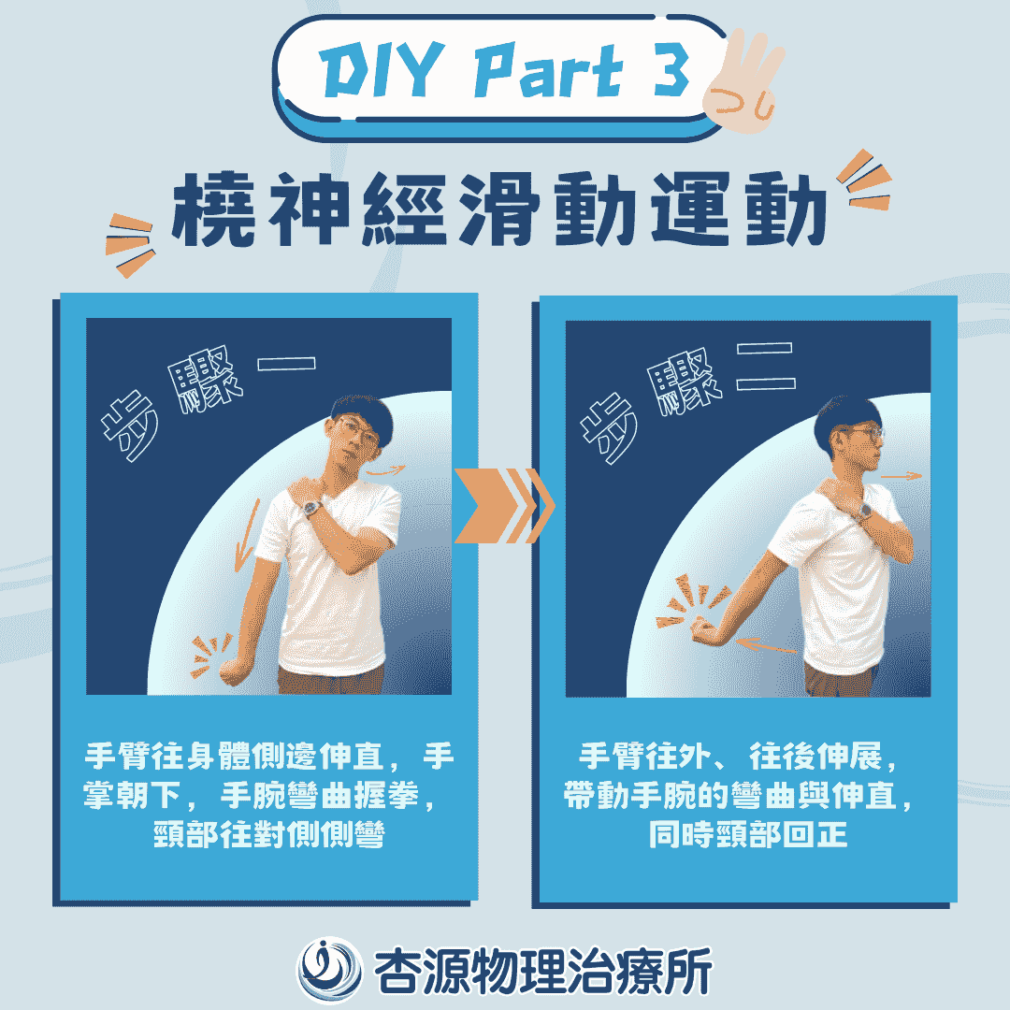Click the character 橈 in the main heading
point(213,209)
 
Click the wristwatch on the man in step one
point(311,509)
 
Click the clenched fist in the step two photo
point(704,630)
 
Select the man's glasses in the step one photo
point(356,430)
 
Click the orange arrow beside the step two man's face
point(902,476)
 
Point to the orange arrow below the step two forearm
point(767,645)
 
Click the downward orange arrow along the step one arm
point(246,536)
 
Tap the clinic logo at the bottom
point(328,970)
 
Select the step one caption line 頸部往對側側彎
point(269,835)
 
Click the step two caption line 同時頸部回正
point(748,835)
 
